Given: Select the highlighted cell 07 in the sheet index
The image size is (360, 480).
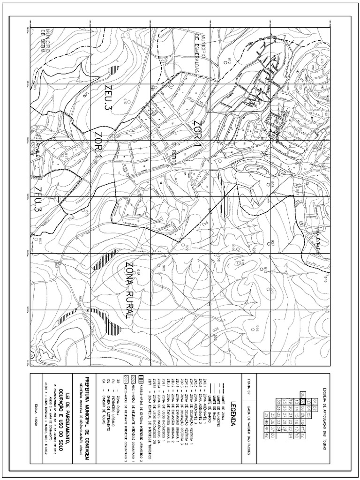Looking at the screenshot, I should click(x=303, y=401).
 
